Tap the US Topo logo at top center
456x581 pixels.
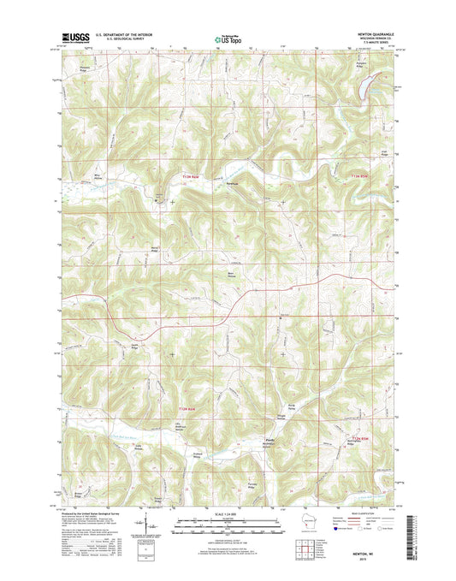(x=226, y=37)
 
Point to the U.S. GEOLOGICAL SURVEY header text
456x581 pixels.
(x=131, y=38)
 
